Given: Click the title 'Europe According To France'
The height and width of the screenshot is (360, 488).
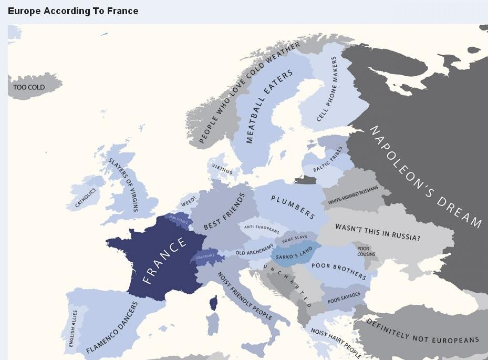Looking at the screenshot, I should click(73, 11).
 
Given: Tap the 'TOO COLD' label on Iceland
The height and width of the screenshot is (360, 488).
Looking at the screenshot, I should click(29, 87).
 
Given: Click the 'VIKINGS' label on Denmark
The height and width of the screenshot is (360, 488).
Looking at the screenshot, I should click(222, 168).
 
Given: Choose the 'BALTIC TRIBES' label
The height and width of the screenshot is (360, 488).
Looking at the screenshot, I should click(327, 160).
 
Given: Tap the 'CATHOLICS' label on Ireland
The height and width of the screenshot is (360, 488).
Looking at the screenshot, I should click(86, 198).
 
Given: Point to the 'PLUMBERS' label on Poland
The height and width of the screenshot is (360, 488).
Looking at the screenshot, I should click(293, 207).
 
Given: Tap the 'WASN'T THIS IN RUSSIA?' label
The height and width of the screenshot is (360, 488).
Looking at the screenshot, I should click(378, 231).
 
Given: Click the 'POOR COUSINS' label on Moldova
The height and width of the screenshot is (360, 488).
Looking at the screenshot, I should click(366, 251).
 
